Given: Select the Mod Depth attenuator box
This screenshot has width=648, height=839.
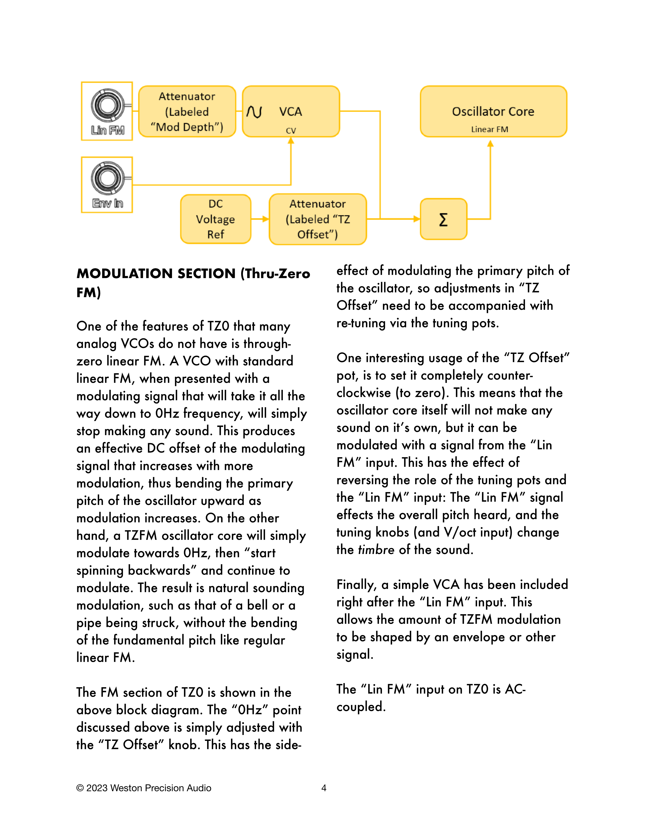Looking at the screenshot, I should (187, 111).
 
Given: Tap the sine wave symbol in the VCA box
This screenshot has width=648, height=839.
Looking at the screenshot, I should (254, 112).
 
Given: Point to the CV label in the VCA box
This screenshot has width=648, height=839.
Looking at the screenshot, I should (291, 131).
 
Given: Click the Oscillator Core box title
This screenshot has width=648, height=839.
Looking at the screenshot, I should (493, 111).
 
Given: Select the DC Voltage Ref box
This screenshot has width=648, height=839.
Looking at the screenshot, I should (216, 219).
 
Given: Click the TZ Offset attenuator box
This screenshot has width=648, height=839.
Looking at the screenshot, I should (318, 219).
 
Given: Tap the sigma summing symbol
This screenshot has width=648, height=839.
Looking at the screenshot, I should (443, 219).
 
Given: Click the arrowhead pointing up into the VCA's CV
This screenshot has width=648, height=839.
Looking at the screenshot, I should (291, 141).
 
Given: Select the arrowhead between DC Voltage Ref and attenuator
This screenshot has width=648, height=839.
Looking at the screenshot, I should (265, 219).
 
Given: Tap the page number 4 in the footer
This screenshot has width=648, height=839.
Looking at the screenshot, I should (323, 788).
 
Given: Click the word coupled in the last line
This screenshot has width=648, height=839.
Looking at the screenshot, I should (361, 707).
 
